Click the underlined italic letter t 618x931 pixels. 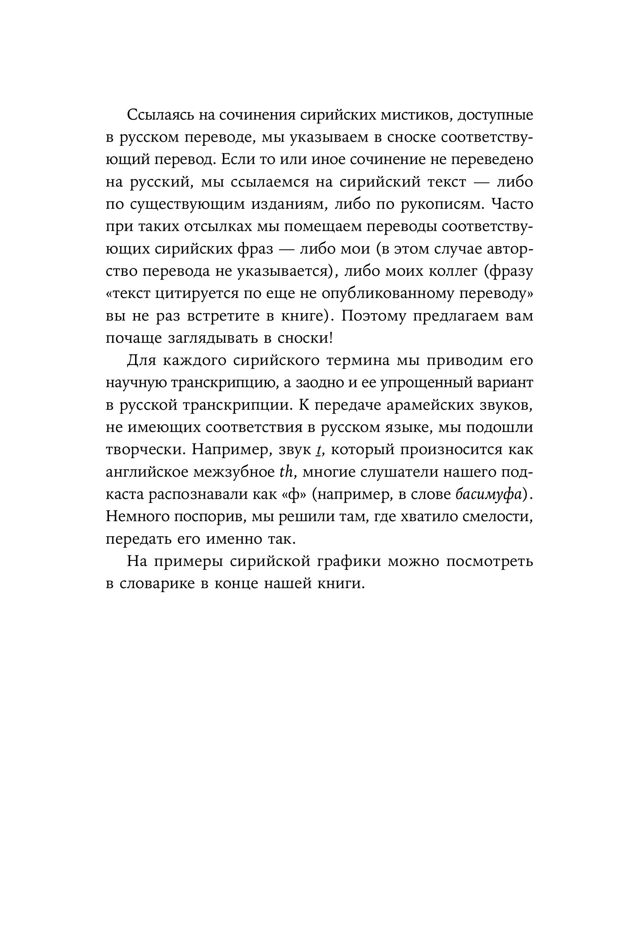coord(318,450)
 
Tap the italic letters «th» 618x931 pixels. coord(284,472)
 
